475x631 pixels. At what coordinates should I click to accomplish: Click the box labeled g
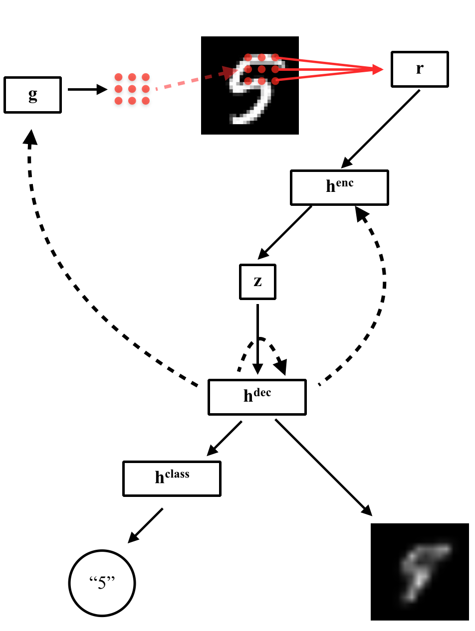tap(32, 95)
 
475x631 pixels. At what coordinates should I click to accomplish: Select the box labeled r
tap(420, 69)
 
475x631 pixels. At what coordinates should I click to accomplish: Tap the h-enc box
tap(339, 187)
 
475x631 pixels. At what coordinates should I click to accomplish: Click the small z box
tap(257, 282)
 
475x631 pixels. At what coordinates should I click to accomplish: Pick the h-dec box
tap(257, 397)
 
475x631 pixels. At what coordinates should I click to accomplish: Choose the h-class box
tap(172, 478)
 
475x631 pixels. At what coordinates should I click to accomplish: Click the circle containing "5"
tap(102, 583)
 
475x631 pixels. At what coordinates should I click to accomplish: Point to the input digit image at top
tap(249, 85)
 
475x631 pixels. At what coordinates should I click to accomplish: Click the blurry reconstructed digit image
tap(420, 572)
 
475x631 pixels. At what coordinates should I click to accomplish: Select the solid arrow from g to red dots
tap(87, 90)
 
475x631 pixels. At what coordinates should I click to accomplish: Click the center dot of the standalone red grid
tap(132, 89)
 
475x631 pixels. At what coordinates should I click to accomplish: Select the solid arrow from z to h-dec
tap(257, 339)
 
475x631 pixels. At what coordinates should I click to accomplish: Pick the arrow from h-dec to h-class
tap(224, 439)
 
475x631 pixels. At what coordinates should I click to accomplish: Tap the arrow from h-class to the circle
tap(146, 525)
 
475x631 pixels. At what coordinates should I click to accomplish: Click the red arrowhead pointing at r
tap(377, 70)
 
